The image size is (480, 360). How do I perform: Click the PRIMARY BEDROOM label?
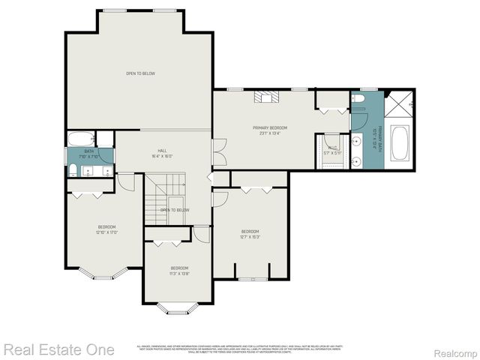click(x=269, y=128)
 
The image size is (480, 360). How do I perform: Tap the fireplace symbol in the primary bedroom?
click(x=265, y=96)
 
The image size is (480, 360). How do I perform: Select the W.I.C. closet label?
click(x=331, y=150)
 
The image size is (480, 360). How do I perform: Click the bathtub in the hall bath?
click(x=80, y=139)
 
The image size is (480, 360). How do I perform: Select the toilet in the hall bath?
click(x=73, y=170)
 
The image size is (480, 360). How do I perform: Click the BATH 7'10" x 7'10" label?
click(x=88, y=154)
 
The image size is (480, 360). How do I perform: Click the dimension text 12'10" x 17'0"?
click(x=106, y=232)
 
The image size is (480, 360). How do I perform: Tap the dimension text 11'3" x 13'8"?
click(x=179, y=274)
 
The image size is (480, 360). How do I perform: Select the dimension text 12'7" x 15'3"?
click(x=250, y=236)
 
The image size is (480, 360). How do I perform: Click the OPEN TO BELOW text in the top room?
click(x=140, y=73)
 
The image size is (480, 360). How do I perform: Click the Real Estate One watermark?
click(x=59, y=349)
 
